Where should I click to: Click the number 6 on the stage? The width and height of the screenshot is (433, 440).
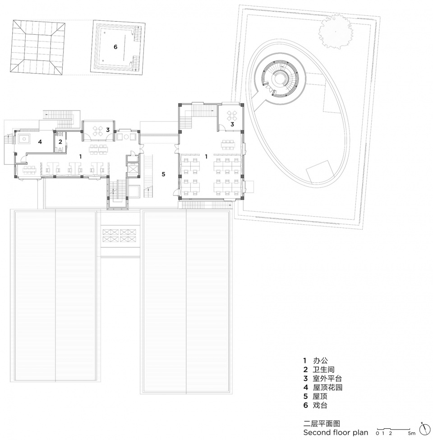point(115,47)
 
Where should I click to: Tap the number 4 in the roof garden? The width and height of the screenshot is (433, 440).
point(40,142)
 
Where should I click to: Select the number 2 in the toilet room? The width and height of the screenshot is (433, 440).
point(60,142)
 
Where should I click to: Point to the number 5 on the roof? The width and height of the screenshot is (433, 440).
point(163,174)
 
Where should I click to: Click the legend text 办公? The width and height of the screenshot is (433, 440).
point(320,361)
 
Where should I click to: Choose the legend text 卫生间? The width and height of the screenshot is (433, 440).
point(324,370)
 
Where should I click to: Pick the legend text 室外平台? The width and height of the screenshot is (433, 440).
point(327,379)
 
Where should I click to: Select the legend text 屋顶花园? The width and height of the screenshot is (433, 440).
point(327,388)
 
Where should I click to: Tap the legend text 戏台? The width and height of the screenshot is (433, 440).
point(320,405)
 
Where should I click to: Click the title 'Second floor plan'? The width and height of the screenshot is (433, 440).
point(336,432)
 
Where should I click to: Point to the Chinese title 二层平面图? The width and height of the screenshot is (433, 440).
point(322,423)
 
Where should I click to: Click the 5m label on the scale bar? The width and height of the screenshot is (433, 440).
point(412,434)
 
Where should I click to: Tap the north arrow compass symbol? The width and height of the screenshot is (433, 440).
point(425,429)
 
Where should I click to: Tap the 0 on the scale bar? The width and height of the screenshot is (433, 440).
point(378,434)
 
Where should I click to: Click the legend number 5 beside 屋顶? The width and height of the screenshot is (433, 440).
point(305,397)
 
